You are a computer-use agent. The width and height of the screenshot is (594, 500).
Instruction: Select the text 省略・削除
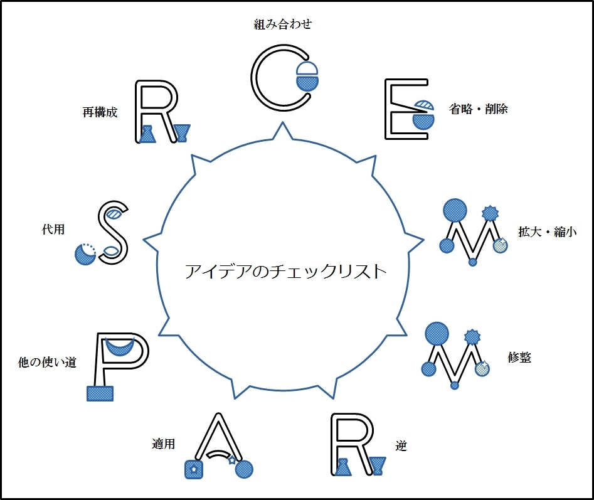click(479, 109)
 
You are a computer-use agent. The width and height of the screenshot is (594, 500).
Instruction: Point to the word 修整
click(519, 357)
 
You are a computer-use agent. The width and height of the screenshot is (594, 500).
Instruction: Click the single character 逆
click(401, 446)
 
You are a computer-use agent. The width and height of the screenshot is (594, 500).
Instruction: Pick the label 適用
click(163, 444)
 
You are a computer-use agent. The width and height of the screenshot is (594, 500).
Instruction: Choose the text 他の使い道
click(48, 362)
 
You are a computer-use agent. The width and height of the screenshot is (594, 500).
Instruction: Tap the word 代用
click(53, 230)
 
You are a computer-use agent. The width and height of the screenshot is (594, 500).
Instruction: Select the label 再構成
click(100, 112)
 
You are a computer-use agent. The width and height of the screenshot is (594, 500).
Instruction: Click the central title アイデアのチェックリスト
click(285, 272)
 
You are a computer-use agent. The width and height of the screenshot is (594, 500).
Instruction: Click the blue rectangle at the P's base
click(100, 393)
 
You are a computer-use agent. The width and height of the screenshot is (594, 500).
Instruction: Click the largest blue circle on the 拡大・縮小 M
click(455, 210)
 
